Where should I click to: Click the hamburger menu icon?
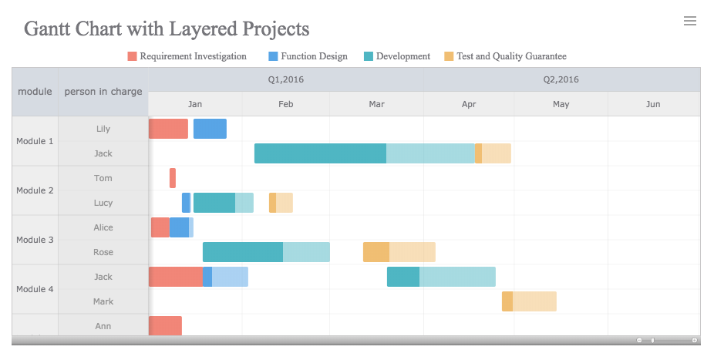tap(690, 21)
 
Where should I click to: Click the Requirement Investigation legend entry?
tap(187, 56)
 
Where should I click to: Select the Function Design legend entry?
tap(308, 56)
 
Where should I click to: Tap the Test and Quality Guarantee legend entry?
tap(506, 56)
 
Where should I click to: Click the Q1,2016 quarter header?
tap(286, 79)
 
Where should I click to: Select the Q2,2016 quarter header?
tap(561, 79)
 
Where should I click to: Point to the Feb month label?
tap(285, 104)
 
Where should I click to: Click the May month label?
tap(561, 104)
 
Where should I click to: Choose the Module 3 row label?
tap(35, 240)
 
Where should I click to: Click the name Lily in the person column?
tap(103, 129)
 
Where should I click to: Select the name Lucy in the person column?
tap(103, 203)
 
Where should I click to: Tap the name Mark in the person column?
tap(103, 301)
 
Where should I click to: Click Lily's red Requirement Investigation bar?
tap(168, 129)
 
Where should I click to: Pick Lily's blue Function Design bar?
tap(210, 129)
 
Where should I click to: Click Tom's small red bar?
tap(173, 178)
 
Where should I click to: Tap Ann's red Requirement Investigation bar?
tap(165, 325)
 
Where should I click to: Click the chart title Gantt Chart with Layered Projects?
tap(167, 29)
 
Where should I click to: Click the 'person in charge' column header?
tap(103, 92)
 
